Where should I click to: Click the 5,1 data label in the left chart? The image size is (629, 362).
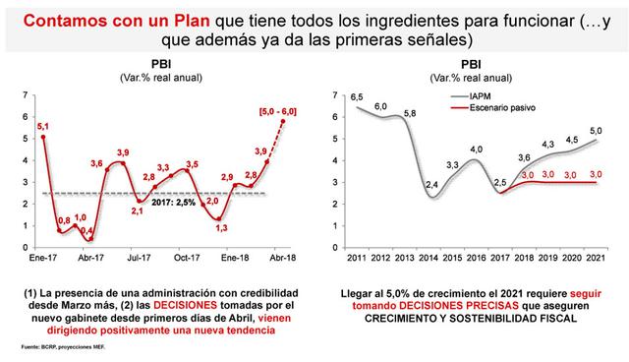[41, 126]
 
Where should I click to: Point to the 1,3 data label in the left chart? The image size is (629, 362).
[222, 227]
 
